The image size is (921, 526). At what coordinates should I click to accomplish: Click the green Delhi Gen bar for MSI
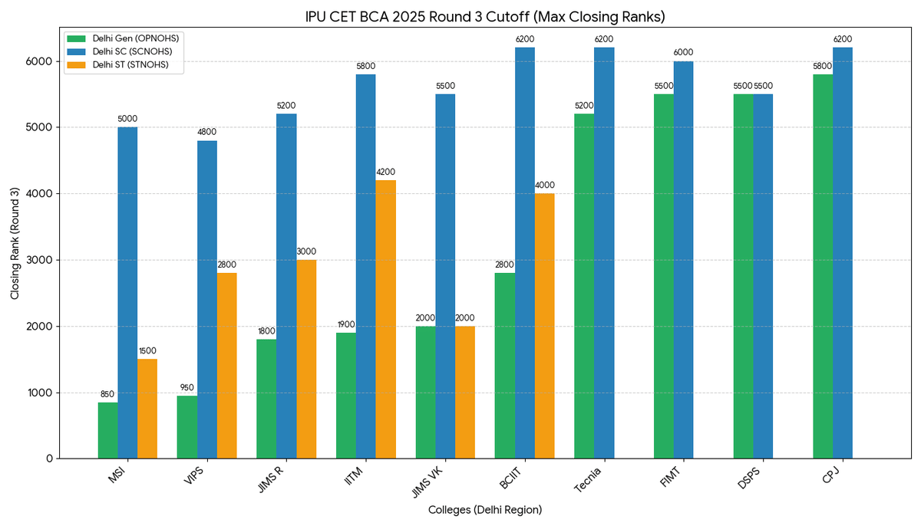pyautogui.click(x=107, y=430)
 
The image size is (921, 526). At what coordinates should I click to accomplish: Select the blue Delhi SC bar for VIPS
pyautogui.click(x=207, y=299)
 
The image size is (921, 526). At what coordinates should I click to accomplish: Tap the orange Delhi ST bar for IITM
pyautogui.click(x=386, y=319)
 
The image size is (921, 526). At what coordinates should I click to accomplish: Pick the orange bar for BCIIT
pyautogui.click(x=545, y=326)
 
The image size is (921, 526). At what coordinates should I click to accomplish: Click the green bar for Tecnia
pyautogui.click(x=584, y=286)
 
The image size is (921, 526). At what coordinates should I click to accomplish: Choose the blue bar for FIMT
pyautogui.click(x=683, y=260)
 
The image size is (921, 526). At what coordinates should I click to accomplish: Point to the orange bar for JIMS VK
pyautogui.click(x=465, y=392)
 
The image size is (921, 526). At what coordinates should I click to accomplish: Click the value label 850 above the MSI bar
pyautogui.click(x=107, y=394)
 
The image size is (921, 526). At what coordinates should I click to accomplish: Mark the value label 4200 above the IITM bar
pyautogui.click(x=386, y=172)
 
